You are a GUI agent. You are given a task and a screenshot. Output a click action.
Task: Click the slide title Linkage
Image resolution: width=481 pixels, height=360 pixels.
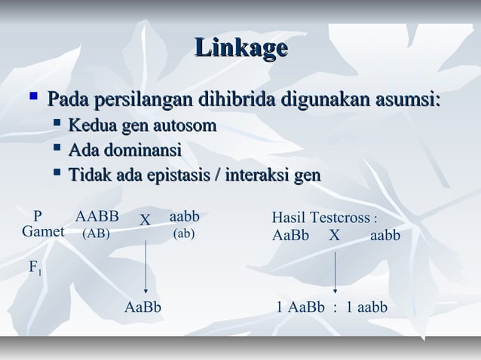pyautogui.click(x=240, y=48)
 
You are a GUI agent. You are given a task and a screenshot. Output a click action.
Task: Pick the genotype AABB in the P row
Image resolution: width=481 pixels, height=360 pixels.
pyautogui.click(x=97, y=217)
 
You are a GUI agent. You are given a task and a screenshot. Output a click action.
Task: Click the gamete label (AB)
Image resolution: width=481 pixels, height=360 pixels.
pyautogui.click(x=96, y=233)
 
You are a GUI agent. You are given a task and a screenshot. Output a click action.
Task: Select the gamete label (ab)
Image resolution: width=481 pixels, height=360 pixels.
pyautogui.click(x=184, y=233)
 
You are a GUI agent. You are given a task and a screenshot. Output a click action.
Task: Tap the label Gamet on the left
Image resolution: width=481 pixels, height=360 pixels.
pyautogui.click(x=43, y=232)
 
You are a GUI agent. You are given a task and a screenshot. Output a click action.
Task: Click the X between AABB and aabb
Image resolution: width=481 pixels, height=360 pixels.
pyautogui.click(x=146, y=219)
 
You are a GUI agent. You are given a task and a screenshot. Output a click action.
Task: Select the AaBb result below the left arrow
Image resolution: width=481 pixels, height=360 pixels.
pyautogui.click(x=142, y=307)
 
